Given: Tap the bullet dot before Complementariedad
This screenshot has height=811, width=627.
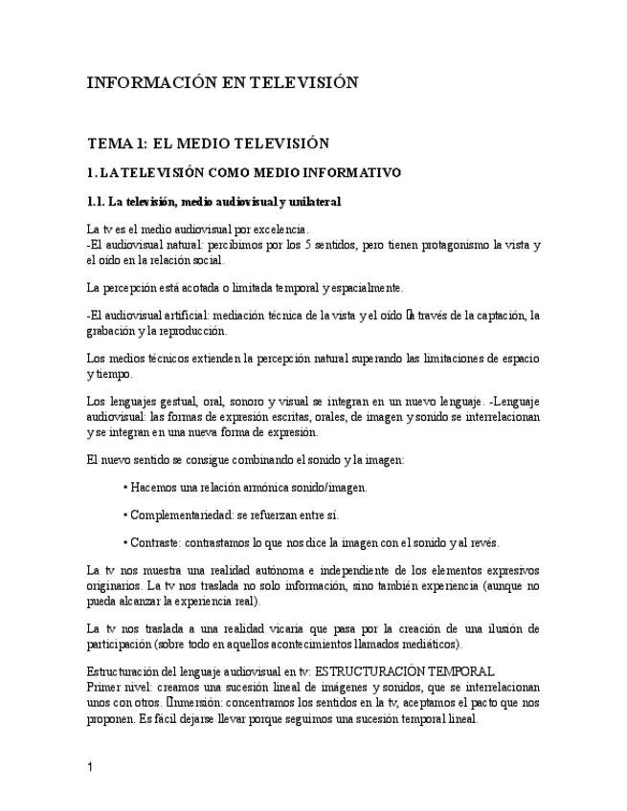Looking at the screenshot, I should (125, 515).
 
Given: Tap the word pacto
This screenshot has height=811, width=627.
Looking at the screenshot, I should (469, 702).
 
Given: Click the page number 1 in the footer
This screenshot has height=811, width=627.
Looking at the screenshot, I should (89, 768).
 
